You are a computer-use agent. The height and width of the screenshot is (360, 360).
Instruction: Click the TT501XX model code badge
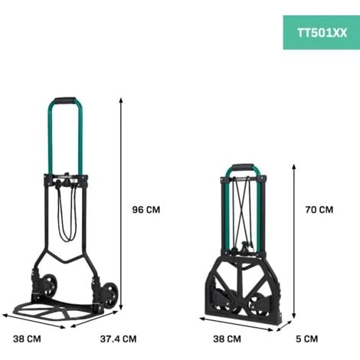point(322,33)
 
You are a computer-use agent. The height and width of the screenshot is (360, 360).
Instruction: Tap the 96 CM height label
point(146,210)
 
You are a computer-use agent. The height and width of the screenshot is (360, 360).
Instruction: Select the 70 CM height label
point(319,210)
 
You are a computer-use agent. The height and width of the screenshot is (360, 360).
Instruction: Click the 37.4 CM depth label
point(118,339)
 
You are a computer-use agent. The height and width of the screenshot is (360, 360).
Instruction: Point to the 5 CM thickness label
point(307,339)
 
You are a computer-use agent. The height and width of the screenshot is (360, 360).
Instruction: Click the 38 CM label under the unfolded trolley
point(27,339)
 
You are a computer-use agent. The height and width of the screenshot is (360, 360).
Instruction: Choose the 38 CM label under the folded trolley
point(227,339)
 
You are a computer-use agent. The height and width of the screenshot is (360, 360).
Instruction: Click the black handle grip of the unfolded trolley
point(65,100)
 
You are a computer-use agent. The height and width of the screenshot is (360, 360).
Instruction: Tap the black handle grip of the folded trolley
point(242,167)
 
